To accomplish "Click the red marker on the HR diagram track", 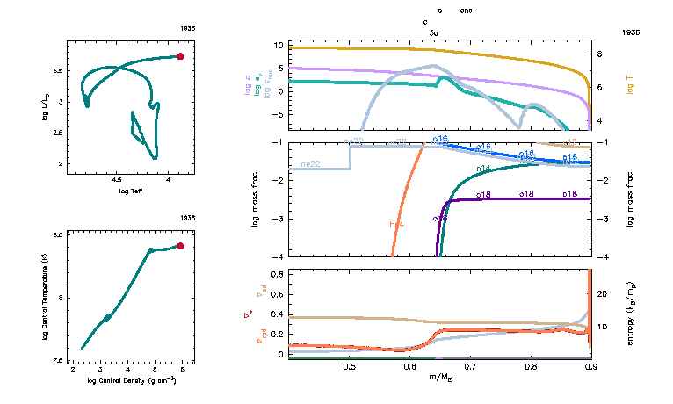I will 180,55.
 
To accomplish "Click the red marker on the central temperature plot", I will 180,246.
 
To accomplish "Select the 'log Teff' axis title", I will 131,191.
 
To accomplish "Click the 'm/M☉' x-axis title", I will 439,378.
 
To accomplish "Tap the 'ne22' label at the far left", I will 309,164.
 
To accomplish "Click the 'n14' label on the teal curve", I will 483,168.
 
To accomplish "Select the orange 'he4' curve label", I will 396,225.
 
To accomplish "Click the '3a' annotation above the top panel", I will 433,32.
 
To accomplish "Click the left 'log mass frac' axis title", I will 256,200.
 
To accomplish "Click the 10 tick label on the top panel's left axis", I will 277,44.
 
